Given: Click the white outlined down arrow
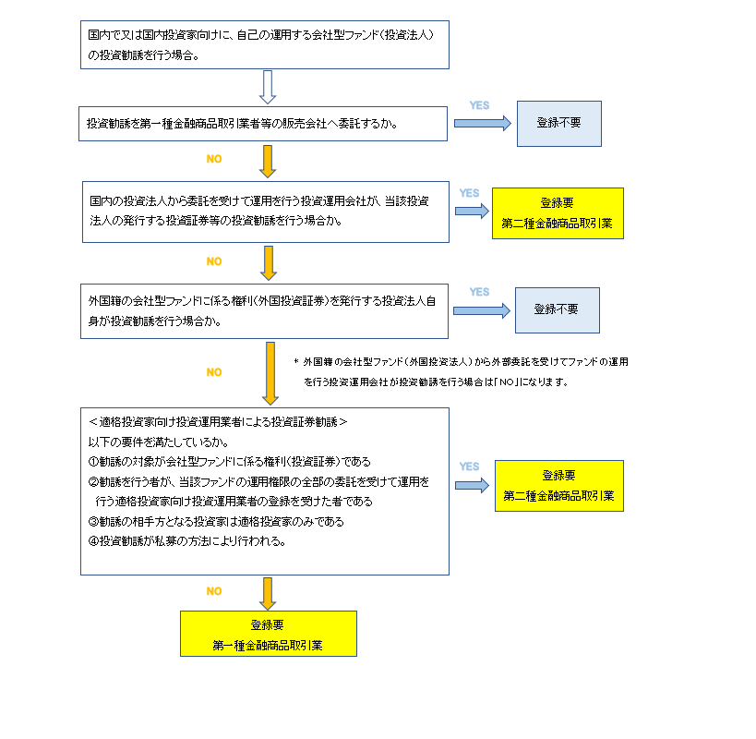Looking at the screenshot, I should point(269,87).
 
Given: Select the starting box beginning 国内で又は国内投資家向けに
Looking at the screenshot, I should point(264,44).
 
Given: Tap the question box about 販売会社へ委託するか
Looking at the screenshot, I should point(263,123).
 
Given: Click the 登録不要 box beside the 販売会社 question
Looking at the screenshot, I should point(558,123).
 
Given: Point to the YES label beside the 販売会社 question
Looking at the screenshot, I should point(480,105).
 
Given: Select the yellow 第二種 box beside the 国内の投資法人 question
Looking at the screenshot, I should point(558,213).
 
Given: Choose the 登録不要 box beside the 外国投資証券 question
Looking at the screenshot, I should point(558,310).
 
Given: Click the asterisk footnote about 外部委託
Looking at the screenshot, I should point(467,371).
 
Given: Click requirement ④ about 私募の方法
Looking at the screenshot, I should point(185,541).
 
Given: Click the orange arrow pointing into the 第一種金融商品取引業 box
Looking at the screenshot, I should point(269,593).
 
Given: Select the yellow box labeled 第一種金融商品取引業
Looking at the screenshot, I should point(268,634).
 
